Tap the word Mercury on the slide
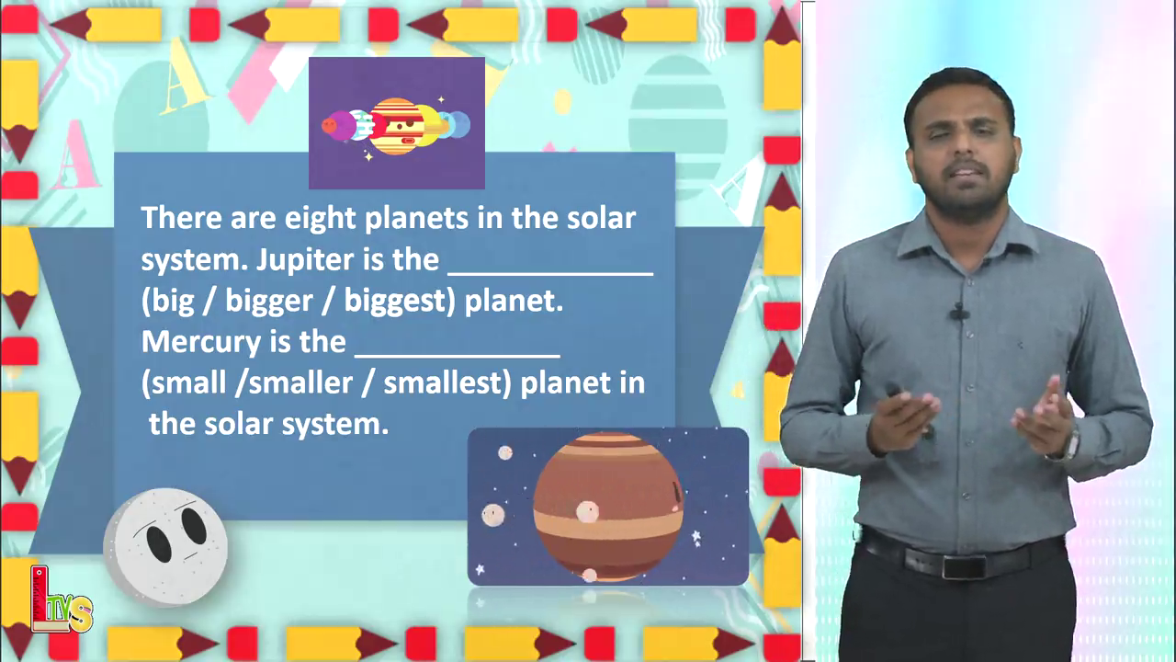200,343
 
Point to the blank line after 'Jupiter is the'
550,274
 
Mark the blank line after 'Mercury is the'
458,356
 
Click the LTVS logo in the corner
61,599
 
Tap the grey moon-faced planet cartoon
166,547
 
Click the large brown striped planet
608,507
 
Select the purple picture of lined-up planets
396,123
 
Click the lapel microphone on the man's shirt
959,314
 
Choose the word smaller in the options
300,383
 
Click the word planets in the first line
416,219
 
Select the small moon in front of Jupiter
587,512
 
